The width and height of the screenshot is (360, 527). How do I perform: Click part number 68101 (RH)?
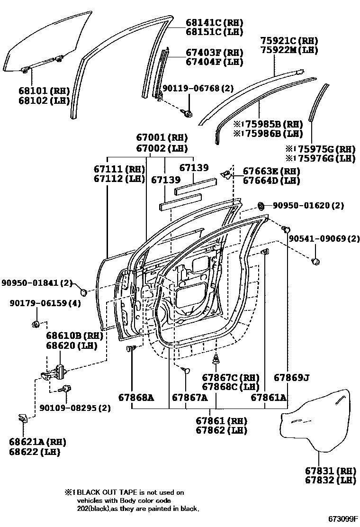(44, 91)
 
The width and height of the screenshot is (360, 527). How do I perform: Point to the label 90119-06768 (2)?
(198, 88)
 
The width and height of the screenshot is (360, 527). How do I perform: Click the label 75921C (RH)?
(289, 41)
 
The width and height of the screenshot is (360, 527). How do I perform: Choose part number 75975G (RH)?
(321, 148)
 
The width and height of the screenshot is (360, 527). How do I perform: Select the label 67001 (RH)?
(162, 137)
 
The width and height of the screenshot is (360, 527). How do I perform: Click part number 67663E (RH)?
(271, 171)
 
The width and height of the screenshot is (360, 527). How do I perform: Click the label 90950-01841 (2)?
(36, 283)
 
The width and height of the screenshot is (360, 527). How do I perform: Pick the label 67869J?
(292, 377)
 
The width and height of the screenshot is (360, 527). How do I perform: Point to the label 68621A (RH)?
(37, 442)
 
